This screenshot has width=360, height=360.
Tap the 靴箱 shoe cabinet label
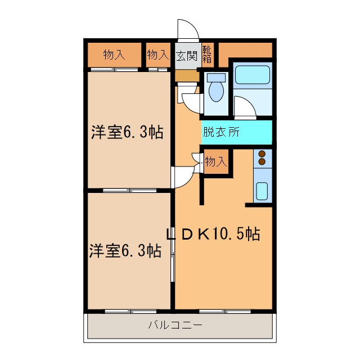tap(206, 54)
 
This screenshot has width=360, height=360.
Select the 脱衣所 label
tap(221, 133)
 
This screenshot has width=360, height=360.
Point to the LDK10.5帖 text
tap(212, 234)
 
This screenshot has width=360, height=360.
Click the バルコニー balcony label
tap(175, 325)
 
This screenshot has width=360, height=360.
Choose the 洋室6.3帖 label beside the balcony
tap(125, 250)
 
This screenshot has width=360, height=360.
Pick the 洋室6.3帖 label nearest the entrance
tap(128, 133)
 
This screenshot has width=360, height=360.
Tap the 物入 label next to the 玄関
tap(157, 55)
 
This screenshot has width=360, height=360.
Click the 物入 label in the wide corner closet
tap(114, 55)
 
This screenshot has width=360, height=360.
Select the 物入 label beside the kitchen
tap(215, 162)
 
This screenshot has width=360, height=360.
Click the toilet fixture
tap(215, 88)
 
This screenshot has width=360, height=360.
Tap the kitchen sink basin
tap(262, 190)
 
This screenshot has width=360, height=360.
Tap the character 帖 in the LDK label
tap(251, 234)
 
